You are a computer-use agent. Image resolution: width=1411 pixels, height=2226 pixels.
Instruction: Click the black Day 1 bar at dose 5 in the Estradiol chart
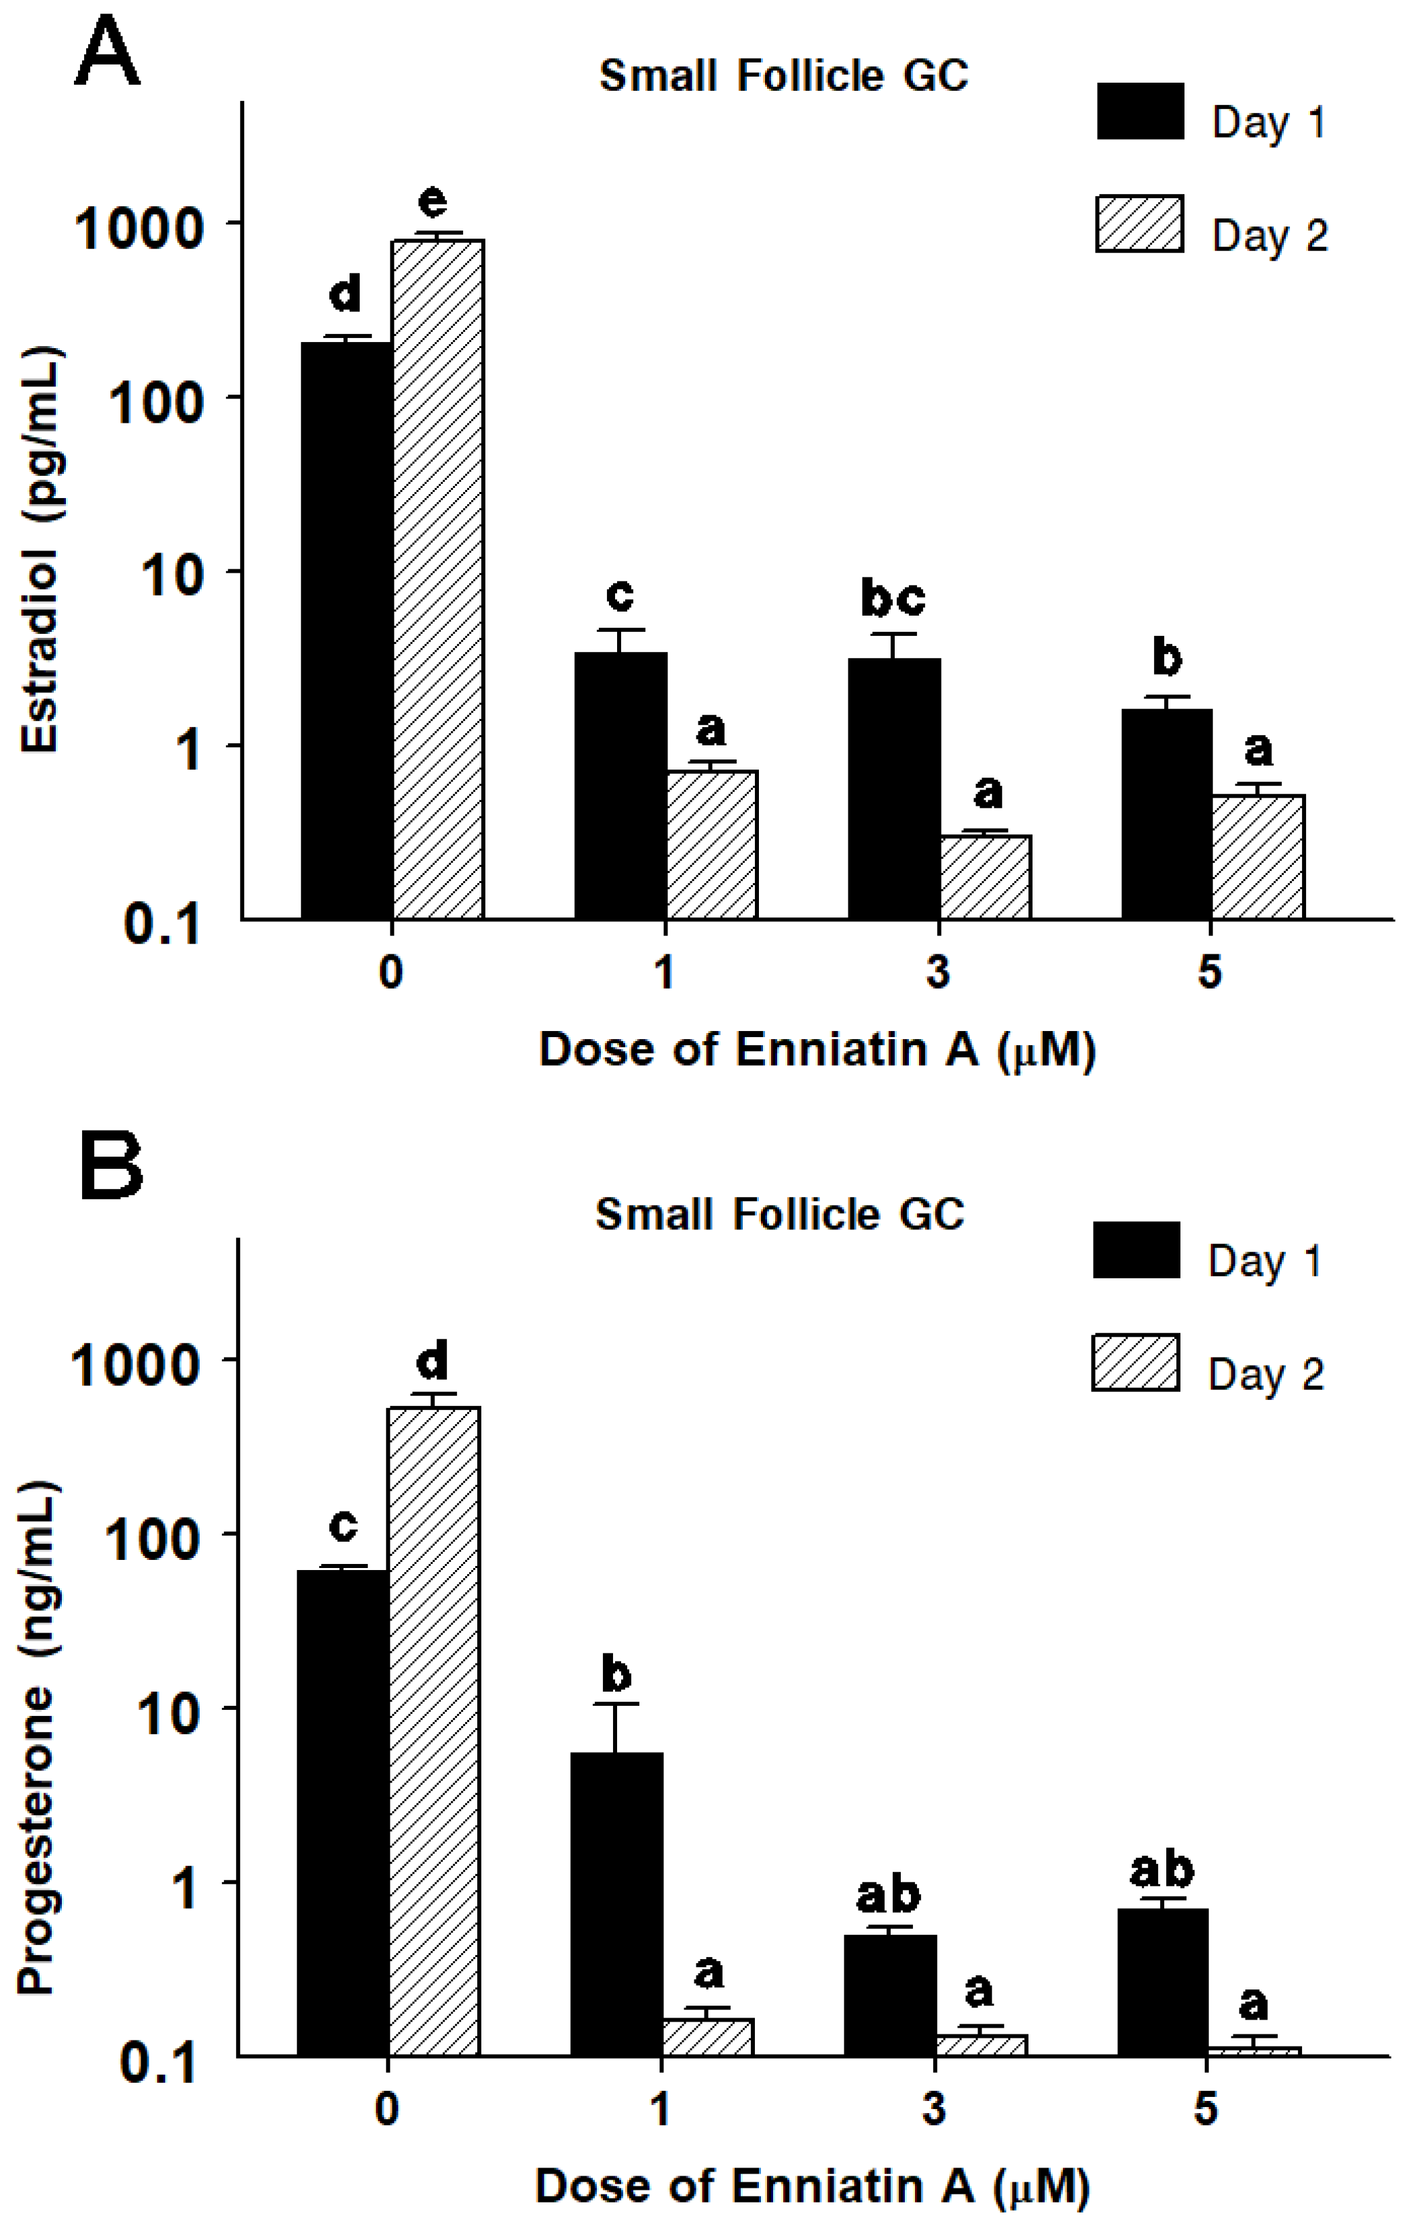[x=1166, y=813]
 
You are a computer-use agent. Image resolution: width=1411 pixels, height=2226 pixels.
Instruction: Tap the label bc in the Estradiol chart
[x=892, y=598]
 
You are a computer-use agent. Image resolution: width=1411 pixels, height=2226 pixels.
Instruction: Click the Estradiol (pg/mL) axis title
[x=41, y=550]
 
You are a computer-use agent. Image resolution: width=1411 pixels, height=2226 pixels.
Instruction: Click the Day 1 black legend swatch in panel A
[x=1140, y=112]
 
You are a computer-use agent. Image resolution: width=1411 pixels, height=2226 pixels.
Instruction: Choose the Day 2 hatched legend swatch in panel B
[x=1135, y=1362]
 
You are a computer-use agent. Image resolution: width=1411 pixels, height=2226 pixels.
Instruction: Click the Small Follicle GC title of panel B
[x=780, y=1214]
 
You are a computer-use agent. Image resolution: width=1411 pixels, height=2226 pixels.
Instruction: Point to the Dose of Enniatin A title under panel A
[x=817, y=1050]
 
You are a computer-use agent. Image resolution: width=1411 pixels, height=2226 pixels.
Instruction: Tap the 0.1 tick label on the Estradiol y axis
[x=162, y=924]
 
